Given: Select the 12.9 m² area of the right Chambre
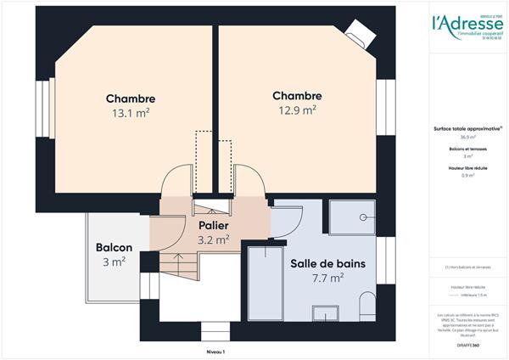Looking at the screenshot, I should [x=297, y=110].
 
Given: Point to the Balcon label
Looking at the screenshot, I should [x=114, y=247].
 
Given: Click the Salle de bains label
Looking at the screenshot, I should [x=327, y=263].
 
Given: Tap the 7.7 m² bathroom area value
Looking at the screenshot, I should [x=327, y=278].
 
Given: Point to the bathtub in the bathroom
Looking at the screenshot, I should [x=263, y=284].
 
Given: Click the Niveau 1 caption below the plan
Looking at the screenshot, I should [x=217, y=351].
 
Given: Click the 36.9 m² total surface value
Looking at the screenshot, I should [x=467, y=137].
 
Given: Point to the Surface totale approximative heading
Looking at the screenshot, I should [x=467, y=129].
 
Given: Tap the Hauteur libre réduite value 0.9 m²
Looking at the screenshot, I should [x=467, y=176].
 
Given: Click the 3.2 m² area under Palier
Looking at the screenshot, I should [x=214, y=240].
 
